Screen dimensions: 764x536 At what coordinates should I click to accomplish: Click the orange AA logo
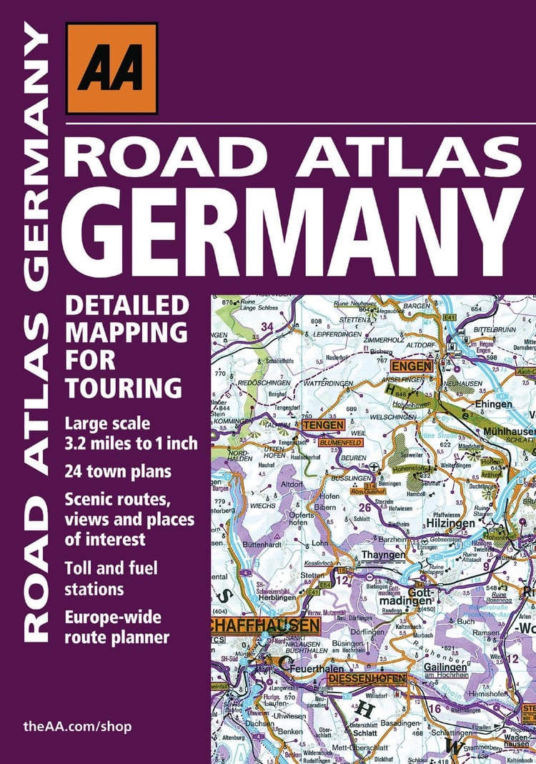pos(111,68)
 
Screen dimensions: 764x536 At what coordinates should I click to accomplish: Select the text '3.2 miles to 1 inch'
pos(131,444)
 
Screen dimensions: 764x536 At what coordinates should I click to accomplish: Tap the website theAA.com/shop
pos(77,726)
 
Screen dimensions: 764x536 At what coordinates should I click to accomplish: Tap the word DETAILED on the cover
pos(126,306)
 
